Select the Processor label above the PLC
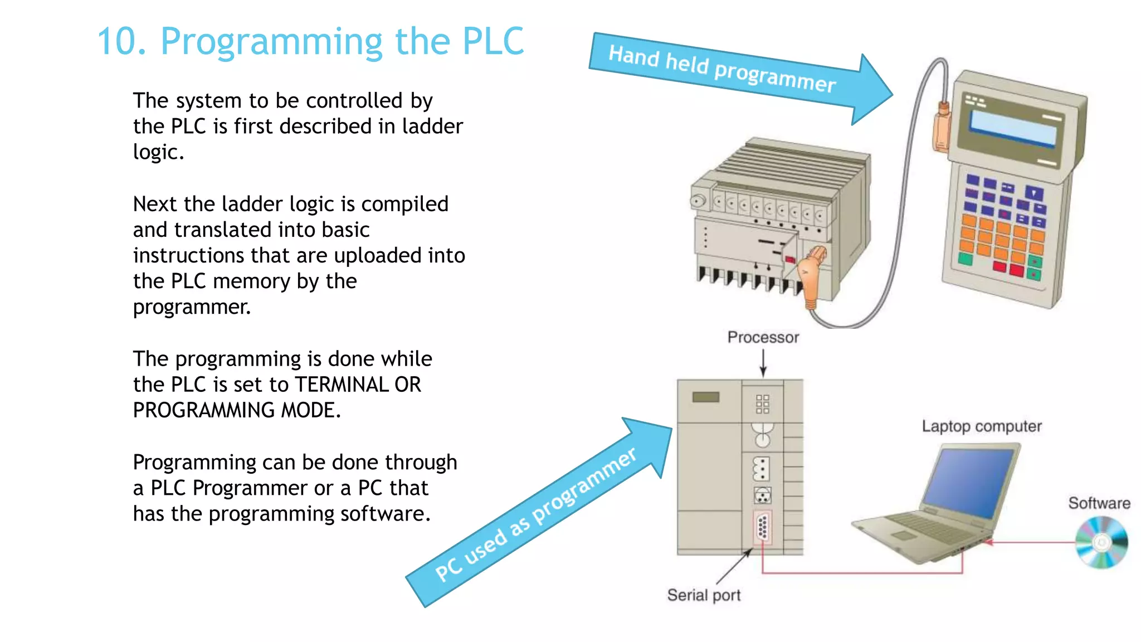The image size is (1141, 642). click(x=763, y=337)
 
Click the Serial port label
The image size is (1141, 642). click(x=704, y=595)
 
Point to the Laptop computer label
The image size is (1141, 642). click(x=981, y=426)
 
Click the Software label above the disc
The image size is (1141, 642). click(x=1099, y=503)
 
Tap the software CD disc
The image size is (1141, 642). click(x=1101, y=542)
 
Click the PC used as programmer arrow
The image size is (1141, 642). click(x=535, y=515)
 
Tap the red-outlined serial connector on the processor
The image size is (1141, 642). click(x=763, y=527)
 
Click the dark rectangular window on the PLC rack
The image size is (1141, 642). click(x=706, y=397)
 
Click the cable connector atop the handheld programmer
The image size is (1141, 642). click(x=942, y=125)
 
